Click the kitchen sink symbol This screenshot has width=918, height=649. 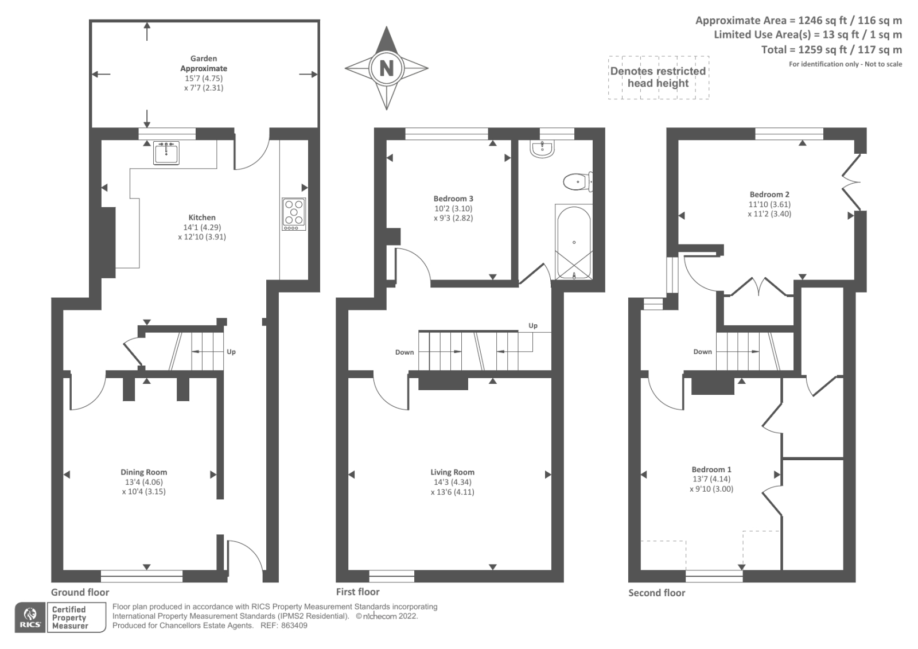pos(166,153)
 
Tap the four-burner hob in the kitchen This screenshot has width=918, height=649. pos(294,214)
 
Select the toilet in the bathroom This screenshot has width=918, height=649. pos(577,182)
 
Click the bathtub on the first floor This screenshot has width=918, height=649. pos(574,242)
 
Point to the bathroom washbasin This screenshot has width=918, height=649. pos(542,149)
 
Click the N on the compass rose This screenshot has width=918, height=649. pos(387,68)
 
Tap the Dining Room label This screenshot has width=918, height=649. pos(144,472)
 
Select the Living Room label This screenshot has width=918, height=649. pos(452,472)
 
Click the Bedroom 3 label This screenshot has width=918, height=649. pos(453,199)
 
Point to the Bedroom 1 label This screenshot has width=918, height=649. pos(711,469)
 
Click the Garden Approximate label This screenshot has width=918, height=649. pos(204,63)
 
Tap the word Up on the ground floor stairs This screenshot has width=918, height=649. pos(231,352)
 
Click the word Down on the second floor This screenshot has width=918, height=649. pos(702,352)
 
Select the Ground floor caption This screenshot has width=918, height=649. pos(80,592)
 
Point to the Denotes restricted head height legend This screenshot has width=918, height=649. pos(658,77)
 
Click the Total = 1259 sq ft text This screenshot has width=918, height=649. pos(831,50)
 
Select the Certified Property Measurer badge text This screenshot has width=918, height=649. pos(70,617)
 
